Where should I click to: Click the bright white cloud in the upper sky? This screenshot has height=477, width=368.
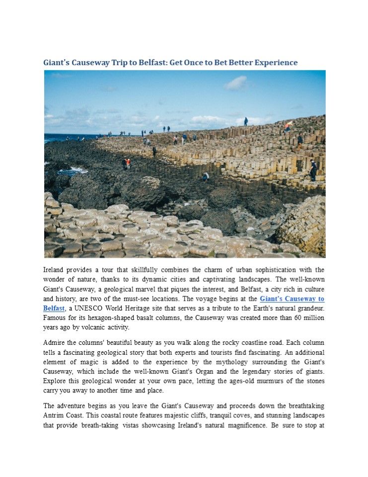236,83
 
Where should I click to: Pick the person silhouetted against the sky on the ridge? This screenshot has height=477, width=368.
246,121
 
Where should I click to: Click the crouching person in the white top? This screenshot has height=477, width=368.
206,176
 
